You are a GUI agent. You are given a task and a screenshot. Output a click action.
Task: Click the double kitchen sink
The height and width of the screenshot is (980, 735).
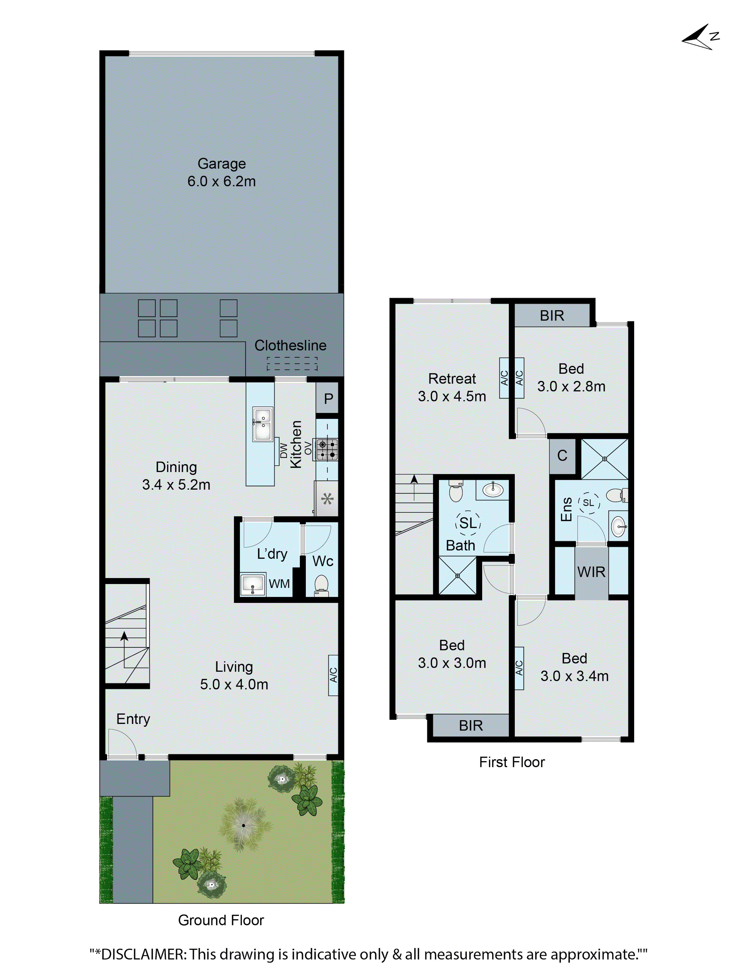tap(262, 424)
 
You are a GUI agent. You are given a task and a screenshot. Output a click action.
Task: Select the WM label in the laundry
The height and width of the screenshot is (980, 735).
tap(279, 583)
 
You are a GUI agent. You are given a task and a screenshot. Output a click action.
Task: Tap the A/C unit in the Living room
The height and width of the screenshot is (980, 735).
tap(333, 675)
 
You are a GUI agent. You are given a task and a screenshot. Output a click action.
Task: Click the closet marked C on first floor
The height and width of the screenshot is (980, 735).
tap(562, 455)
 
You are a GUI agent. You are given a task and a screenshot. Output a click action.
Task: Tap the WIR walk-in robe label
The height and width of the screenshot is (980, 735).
tap(591, 572)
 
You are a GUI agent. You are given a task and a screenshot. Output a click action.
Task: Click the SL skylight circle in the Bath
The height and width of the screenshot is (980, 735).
tap(468, 523)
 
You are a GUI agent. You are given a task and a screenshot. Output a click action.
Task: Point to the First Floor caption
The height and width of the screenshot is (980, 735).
tap(512, 762)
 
